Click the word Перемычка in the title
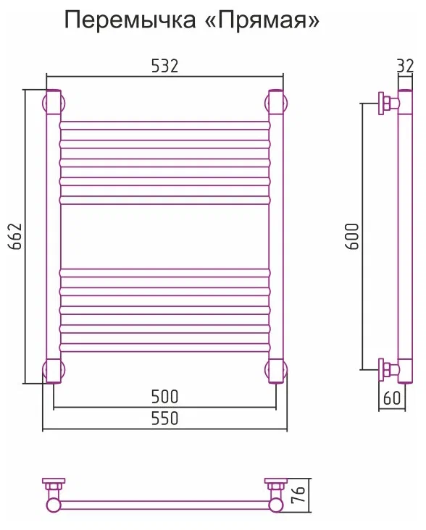pyautogui.click(x=130, y=20)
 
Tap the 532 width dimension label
pyautogui.click(x=164, y=66)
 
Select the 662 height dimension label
pyautogui.click(x=15, y=236)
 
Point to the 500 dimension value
pyautogui.click(x=164, y=397)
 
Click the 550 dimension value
pyautogui.click(x=164, y=418)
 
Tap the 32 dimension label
pyautogui.click(x=405, y=67)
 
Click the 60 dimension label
pyautogui.click(x=392, y=397)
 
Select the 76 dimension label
pyautogui.click(x=299, y=495)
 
